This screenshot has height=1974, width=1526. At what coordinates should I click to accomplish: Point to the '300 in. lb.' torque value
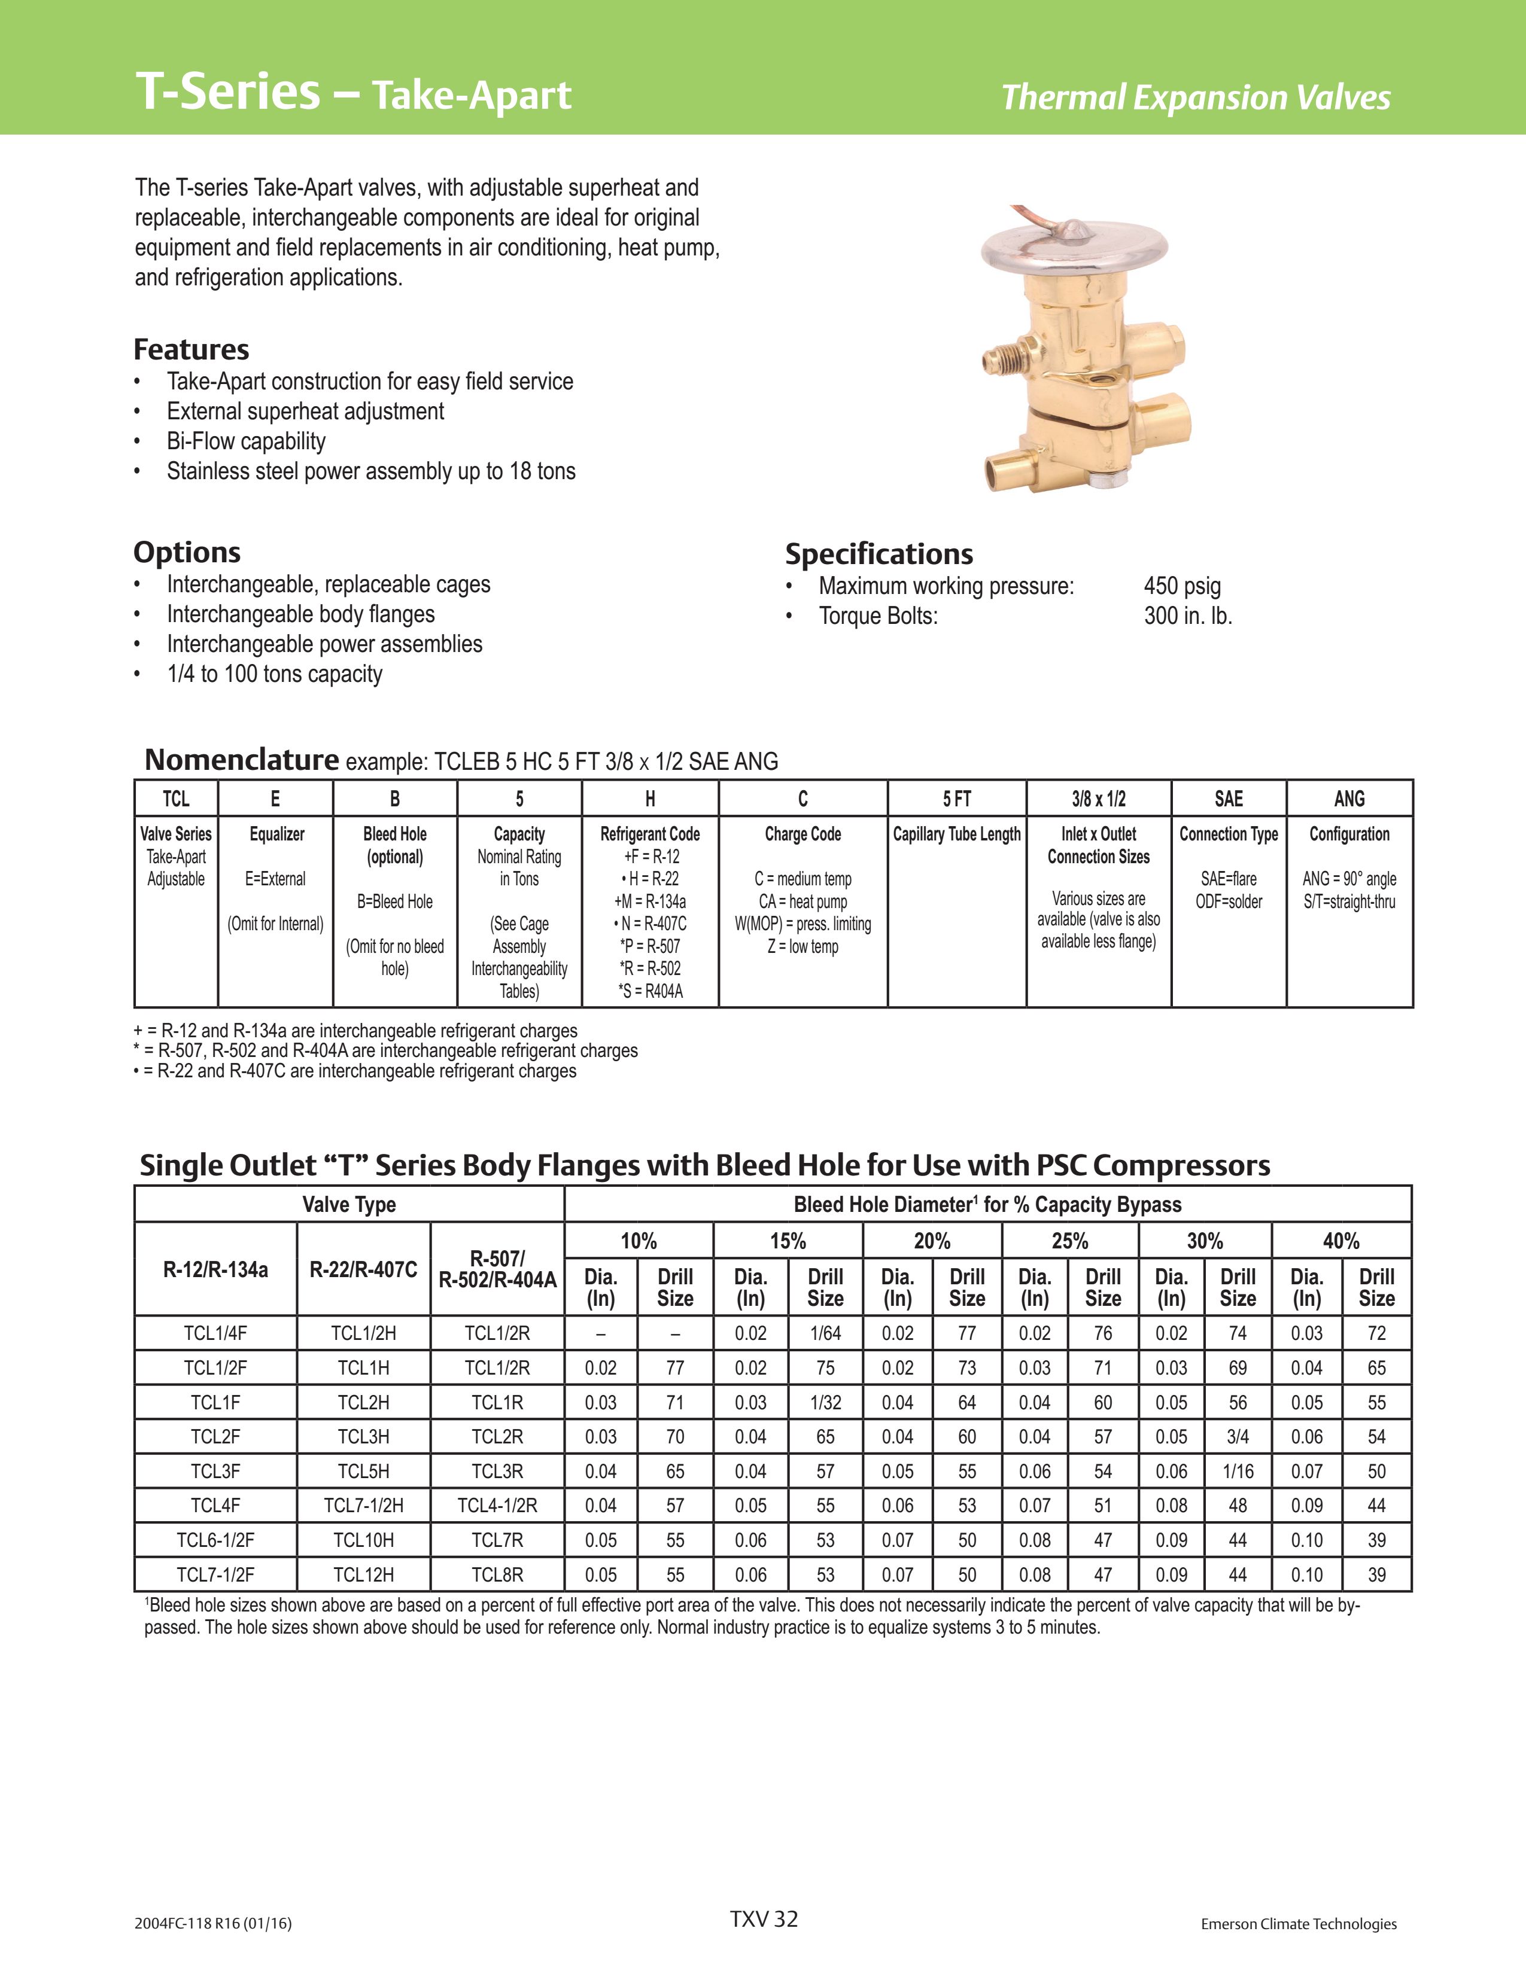coord(1187,616)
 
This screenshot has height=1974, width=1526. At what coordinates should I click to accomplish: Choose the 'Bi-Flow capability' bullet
coord(246,441)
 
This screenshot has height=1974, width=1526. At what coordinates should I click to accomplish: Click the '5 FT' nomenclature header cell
coord(956,799)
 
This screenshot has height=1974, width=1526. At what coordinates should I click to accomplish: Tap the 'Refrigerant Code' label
coord(650,834)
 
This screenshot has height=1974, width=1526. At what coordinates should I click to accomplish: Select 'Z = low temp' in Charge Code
coord(802,946)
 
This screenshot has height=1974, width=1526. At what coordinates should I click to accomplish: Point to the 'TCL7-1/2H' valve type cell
coord(363,1506)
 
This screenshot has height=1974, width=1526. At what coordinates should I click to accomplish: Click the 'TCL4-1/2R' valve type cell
coord(497,1506)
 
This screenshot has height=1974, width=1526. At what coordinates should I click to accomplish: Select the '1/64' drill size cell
coord(825,1333)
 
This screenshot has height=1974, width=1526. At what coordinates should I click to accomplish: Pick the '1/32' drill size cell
coord(825,1403)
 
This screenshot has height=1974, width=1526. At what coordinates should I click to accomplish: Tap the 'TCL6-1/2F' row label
coord(215,1540)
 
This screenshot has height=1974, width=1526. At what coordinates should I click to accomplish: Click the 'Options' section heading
coord(187,552)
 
